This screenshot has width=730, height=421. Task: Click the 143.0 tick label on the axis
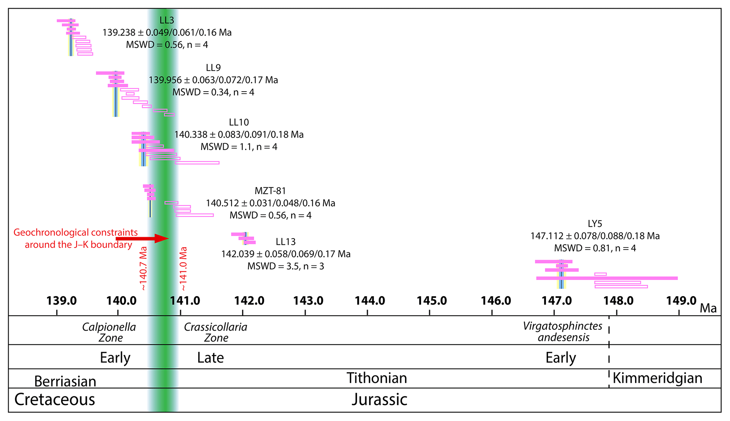(x=308, y=301)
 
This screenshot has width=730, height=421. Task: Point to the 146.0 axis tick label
(x=496, y=301)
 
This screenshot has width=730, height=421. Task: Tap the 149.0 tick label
(x=681, y=301)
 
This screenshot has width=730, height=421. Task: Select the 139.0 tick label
(x=61, y=301)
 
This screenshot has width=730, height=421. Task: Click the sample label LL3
(x=167, y=21)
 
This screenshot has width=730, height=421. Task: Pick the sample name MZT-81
(x=270, y=191)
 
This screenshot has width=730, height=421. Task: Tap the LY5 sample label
(x=595, y=223)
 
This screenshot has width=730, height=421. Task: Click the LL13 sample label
(x=285, y=242)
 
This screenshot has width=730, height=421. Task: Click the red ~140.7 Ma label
(x=143, y=269)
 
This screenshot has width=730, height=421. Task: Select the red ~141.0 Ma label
(x=183, y=269)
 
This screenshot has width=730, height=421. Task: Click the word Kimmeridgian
(x=657, y=378)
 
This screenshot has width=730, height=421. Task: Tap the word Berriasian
(x=65, y=381)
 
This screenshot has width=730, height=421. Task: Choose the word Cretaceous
(x=54, y=399)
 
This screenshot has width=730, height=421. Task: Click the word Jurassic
(x=379, y=399)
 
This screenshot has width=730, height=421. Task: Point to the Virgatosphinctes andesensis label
(x=563, y=331)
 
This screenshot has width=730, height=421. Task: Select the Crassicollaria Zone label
(x=215, y=332)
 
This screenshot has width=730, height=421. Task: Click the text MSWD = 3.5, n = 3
(x=285, y=266)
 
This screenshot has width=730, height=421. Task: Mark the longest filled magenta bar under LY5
(x=607, y=278)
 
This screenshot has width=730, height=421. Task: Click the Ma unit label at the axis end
(x=708, y=308)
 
